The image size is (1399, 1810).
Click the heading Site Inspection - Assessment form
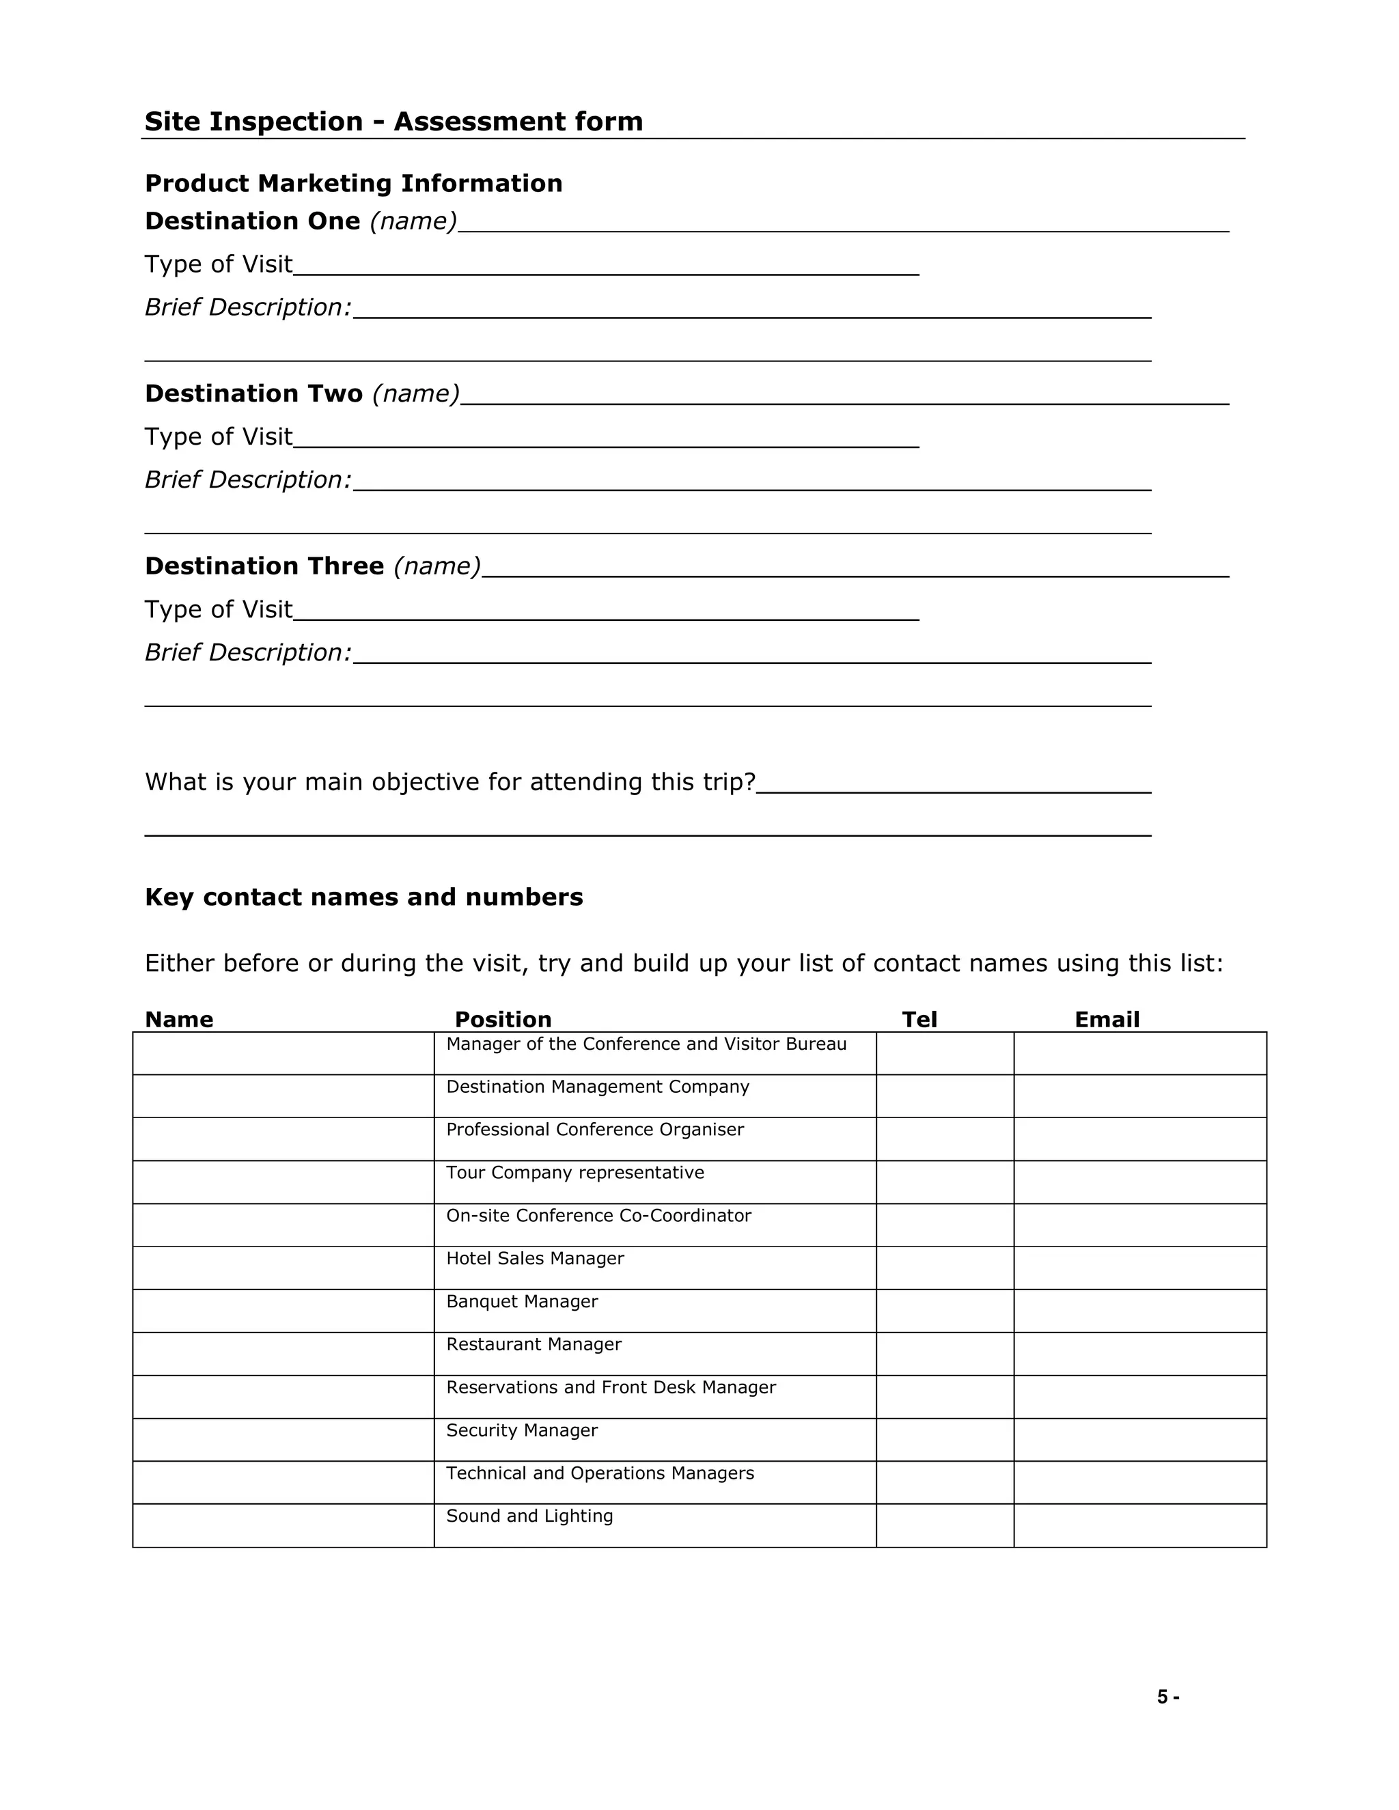tap(393, 121)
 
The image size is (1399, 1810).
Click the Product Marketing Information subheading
tap(354, 183)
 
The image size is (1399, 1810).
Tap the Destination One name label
tap(301, 221)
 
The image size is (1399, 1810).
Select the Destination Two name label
tap(302, 393)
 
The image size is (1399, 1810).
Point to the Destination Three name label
tap(312, 566)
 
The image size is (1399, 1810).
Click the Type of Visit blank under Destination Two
tap(606, 438)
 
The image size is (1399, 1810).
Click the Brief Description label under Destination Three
tap(248, 652)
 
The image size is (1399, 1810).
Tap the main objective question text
tap(450, 781)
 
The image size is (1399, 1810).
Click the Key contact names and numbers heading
tap(364, 897)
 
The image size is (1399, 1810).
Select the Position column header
tap(503, 1019)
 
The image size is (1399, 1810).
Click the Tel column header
tap(919, 1019)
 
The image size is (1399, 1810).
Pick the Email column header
tap(1107, 1019)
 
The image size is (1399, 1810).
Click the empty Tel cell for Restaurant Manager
tap(945, 1354)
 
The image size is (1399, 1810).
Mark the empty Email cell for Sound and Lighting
tap(1139, 1526)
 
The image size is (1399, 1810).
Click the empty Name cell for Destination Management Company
tap(283, 1096)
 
